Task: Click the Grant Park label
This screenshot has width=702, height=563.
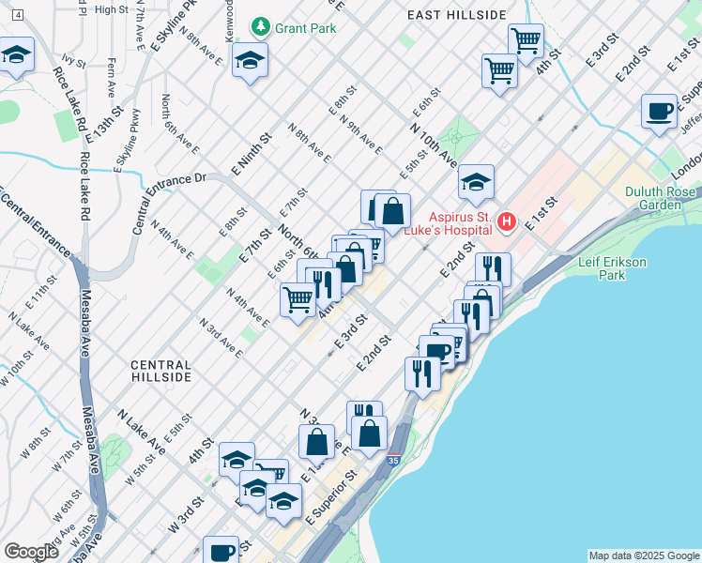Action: tap(305, 28)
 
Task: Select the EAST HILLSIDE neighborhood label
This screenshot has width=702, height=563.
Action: tap(457, 15)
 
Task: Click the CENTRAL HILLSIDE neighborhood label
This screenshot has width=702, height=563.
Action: tap(161, 371)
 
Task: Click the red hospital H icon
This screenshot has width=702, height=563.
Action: tap(507, 221)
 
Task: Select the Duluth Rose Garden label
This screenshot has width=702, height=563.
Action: tap(662, 198)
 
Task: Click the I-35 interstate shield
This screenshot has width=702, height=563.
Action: tap(392, 460)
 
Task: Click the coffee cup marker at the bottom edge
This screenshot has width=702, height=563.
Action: tap(223, 551)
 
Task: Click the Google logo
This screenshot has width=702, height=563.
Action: tap(31, 552)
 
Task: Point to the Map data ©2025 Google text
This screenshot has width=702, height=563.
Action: tap(644, 555)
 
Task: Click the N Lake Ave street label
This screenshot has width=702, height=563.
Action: tap(141, 432)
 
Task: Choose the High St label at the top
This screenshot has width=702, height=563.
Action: tap(111, 9)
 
